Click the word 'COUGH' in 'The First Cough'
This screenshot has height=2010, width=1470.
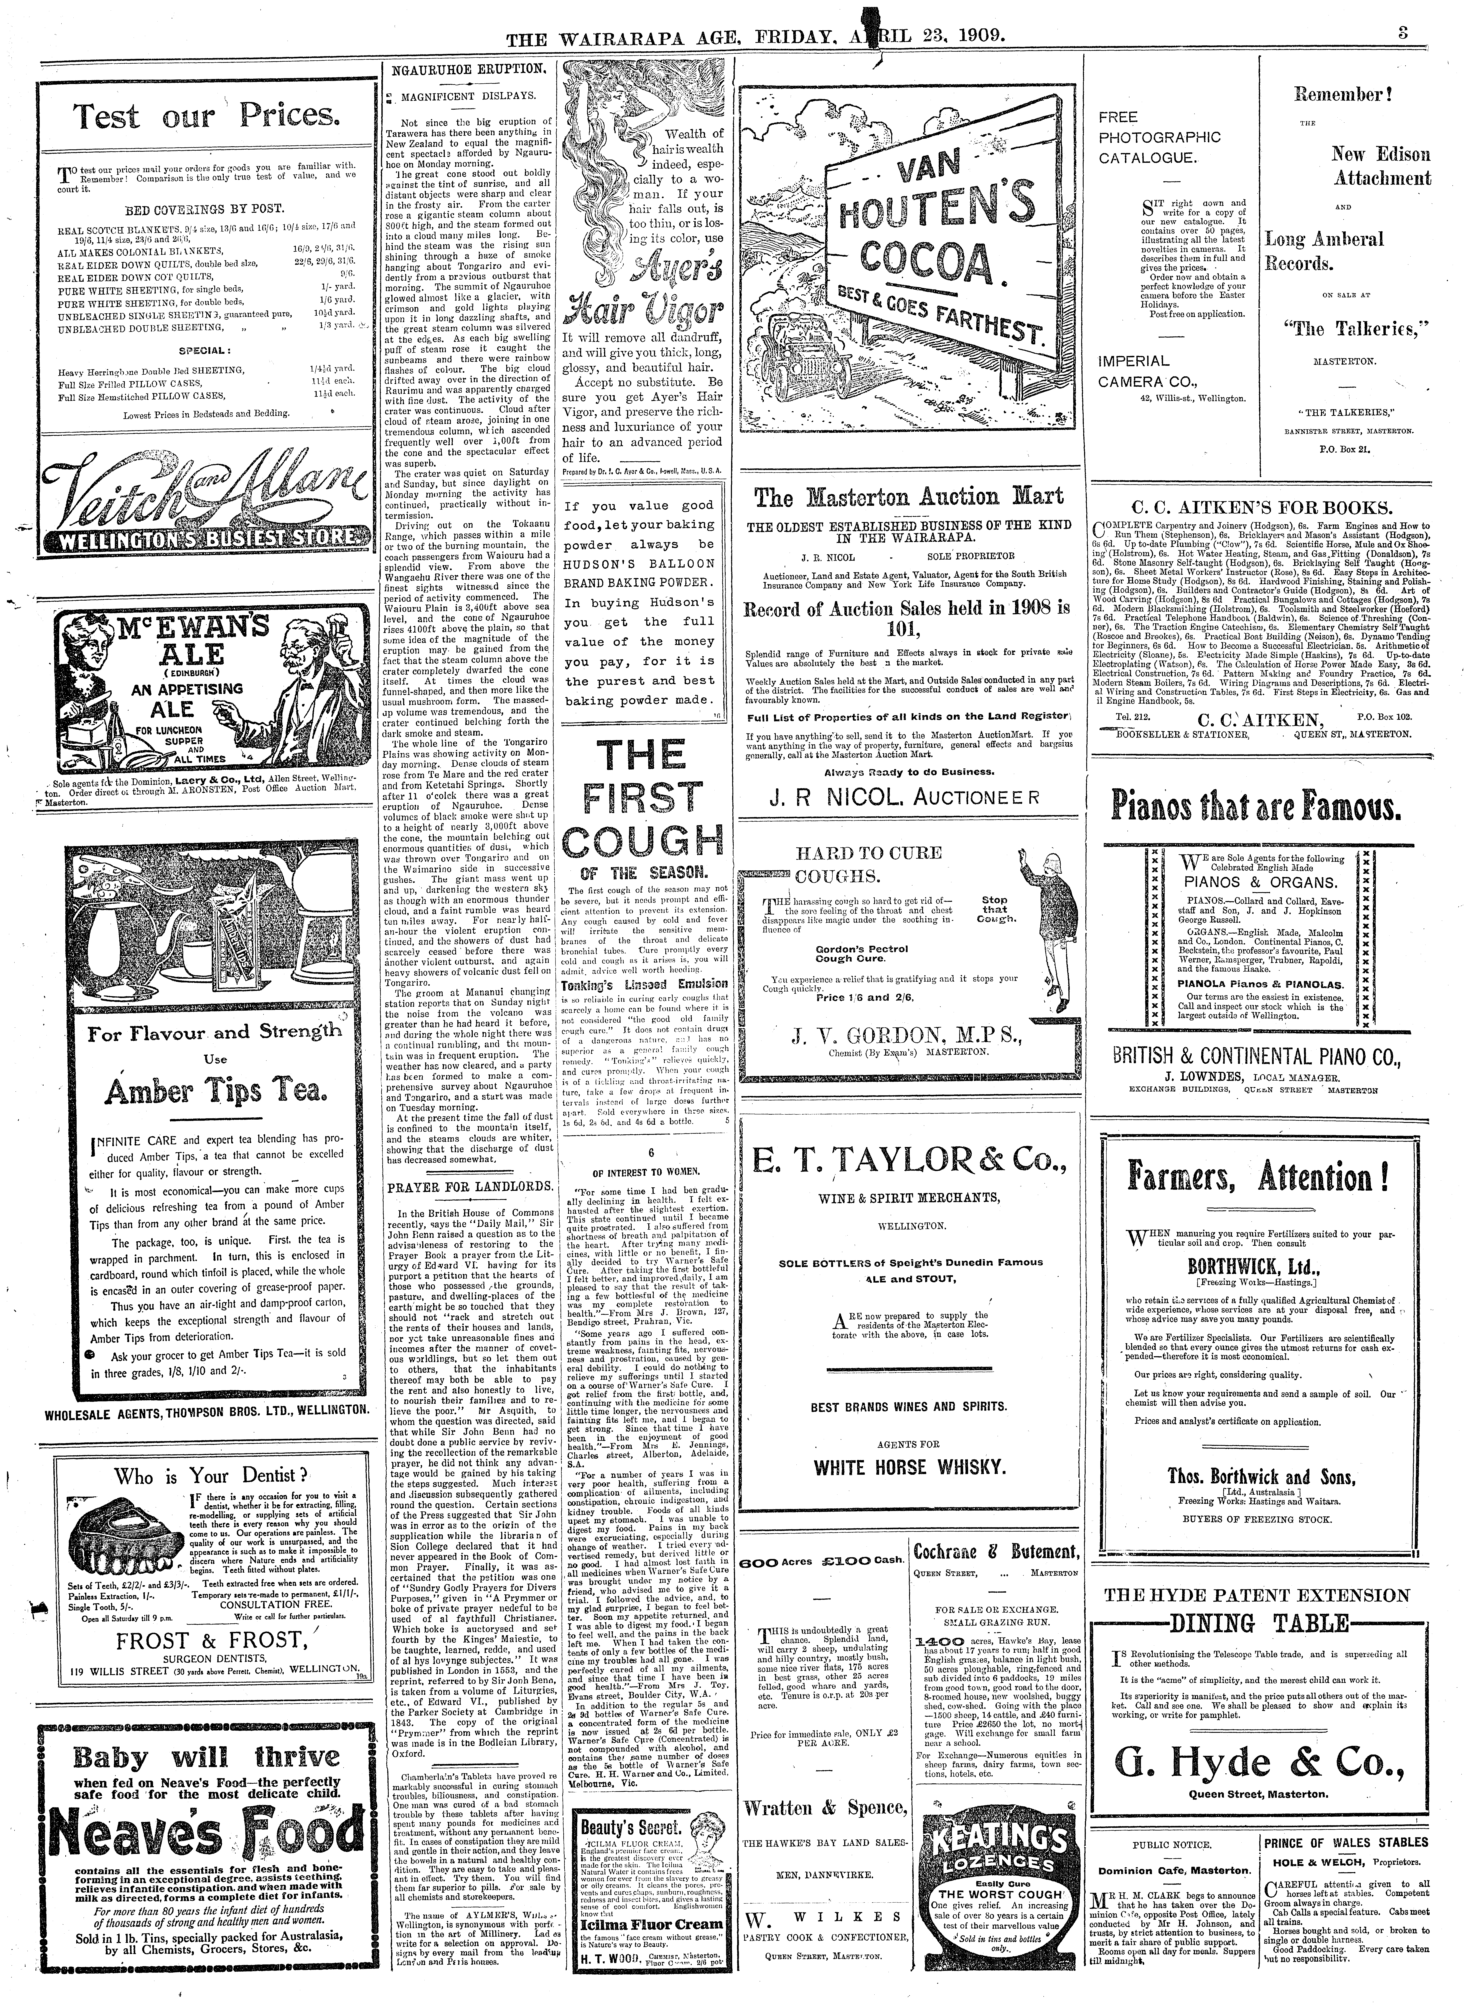644,841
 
